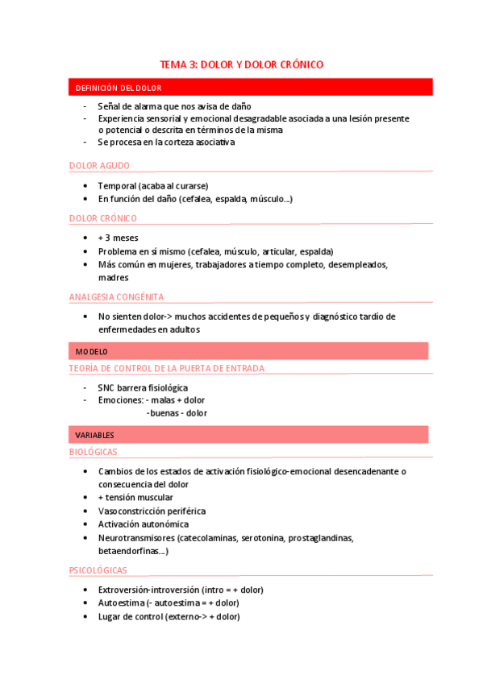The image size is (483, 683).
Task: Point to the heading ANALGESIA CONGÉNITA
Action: (117, 297)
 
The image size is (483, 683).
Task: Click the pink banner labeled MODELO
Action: (92, 351)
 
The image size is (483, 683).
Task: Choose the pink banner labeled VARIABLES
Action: (95, 435)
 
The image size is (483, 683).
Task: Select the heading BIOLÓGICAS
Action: (94, 453)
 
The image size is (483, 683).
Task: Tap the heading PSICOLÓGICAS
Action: (98, 570)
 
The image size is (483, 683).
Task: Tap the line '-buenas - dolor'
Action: (177, 413)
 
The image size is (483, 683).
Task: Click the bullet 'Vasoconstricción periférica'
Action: (152, 511)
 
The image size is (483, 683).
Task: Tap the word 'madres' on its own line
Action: (114, 277)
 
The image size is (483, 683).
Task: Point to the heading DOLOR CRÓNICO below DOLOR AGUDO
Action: (103, 218)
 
